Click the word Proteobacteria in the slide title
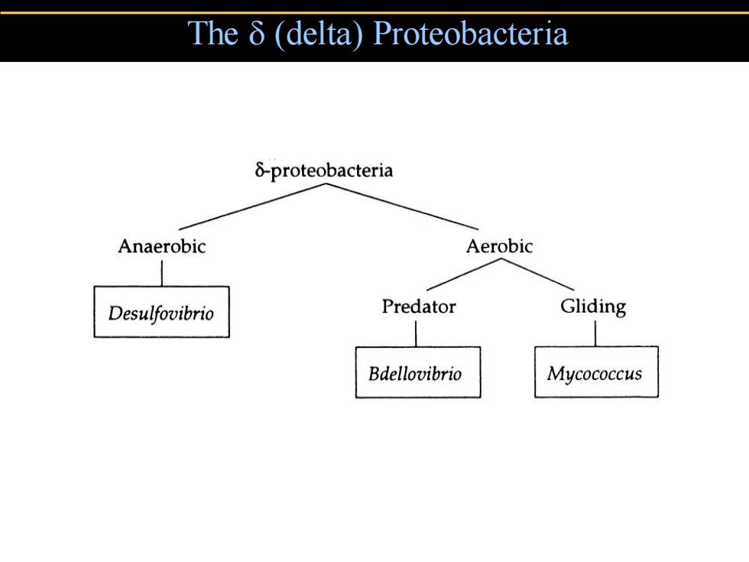pyautogui.click(x=471, y=34)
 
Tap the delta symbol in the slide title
pyautogui.click(x=257, y=33)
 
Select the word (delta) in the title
pyautogui.click(x=319, y=34)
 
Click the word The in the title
pyautogui.click(x=212, y=33)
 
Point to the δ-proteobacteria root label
pyautogui.click(x=324, y=171)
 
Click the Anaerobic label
pyautogui.click(x=162, y=246)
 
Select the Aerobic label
pyautogui.click(x=499, y=246)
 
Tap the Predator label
pyautogui.click(x=419, y=307)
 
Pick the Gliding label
pyautogui.click(x=593, y=307)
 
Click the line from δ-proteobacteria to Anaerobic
pyautogui.click(x=252, y=207)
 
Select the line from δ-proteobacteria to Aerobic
pyautogui.click(x=402, y=207)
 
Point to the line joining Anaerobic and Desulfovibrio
pyautogui.click(x=162, y=274)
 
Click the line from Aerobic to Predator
pyautogui.click(x=464, y=275)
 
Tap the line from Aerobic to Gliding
pyautogui.click(x=537, y=275)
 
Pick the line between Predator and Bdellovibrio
pyautogui.click(x=416, y=333)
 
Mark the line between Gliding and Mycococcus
pyautogui.click(x=595, y=333)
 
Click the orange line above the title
pyautogui.click(x=374, y=12)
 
